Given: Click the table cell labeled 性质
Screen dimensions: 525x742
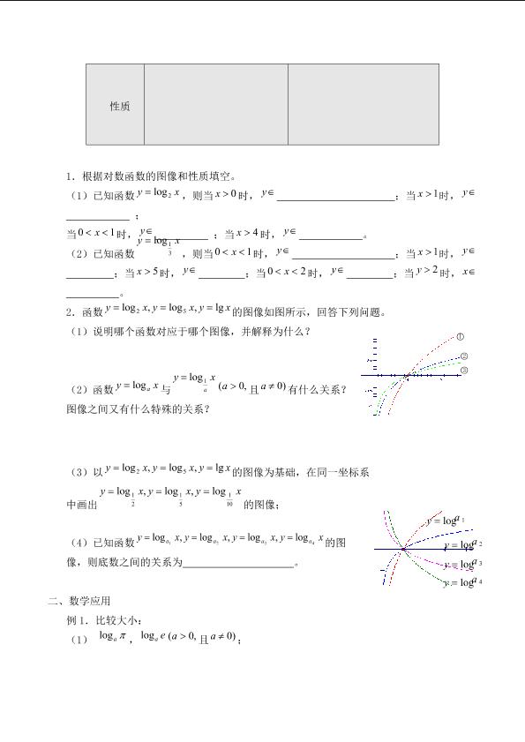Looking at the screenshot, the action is coord(119,106).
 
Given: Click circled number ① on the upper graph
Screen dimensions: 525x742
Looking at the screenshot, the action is coord(461,336).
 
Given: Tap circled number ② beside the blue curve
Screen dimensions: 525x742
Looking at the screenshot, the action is coord(465,356).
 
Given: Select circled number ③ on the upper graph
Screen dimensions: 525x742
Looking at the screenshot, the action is coord(464,370).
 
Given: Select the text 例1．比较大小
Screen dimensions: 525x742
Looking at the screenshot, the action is coord(97,620).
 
